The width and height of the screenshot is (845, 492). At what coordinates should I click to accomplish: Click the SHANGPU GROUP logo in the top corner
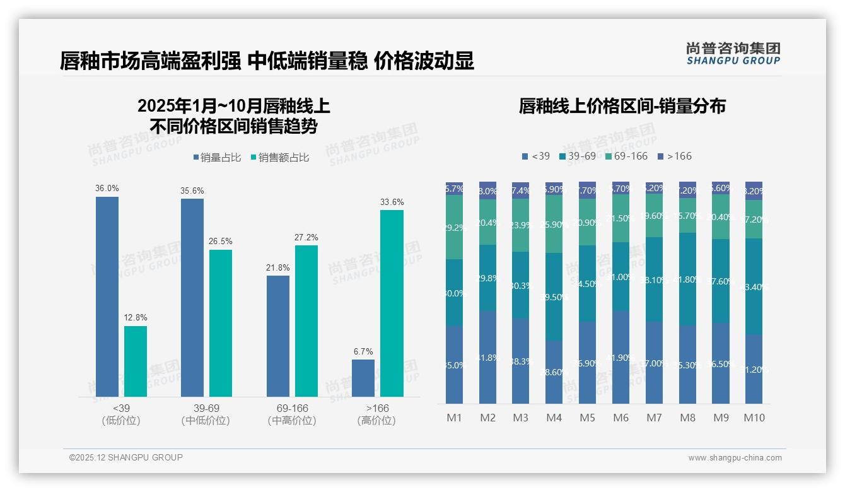(x=733, y=54)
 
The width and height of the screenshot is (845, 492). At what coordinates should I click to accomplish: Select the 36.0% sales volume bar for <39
(x=107, y=296)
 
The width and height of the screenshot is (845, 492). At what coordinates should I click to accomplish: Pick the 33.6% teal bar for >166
(x=392, y=303)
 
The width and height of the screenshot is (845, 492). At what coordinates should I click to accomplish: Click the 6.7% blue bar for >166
(x=363, y=378)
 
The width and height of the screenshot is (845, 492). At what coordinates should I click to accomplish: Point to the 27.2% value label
(x=306, y=238)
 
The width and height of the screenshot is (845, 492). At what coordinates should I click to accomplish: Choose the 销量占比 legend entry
(x=217, y=158)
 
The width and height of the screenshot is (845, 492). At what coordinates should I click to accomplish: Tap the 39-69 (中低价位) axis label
(x=205, y=414)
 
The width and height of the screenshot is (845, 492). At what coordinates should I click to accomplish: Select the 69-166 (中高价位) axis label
(x=292, y=414)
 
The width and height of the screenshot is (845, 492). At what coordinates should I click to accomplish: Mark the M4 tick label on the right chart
(x=554, y=418)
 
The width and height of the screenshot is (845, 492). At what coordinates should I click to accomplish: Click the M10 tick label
(x=754, y=418)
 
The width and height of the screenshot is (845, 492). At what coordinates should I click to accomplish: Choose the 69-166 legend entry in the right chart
(x=626, y=156)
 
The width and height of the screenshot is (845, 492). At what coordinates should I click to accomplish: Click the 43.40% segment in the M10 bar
(x=754, y=286)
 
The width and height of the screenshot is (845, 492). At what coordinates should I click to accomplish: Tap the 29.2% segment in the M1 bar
(x=454, y=227)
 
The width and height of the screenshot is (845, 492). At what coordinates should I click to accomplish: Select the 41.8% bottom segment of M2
(x=487, y=357)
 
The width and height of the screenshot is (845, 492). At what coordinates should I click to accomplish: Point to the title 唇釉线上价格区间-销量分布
(x=622, y=106)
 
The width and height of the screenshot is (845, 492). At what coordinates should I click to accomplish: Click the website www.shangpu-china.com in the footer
(x=735, y=458)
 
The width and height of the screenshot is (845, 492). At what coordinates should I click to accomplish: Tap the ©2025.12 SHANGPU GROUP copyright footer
(x=126, y=457)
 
